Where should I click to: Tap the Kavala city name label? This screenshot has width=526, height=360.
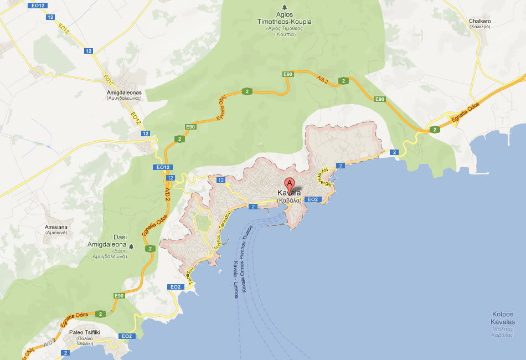click(289, 197)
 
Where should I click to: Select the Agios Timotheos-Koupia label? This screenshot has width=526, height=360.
click(284, 25)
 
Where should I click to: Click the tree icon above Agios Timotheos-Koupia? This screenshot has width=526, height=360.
click(284, 8)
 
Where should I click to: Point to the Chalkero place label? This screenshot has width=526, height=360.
click(479, 24)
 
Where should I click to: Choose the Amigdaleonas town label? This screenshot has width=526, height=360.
click(124, 95)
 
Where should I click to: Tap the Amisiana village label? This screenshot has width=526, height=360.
click(56, 230)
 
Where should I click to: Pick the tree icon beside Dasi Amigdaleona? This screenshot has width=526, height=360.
click(131, 244)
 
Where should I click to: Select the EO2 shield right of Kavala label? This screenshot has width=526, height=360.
click(312, 199)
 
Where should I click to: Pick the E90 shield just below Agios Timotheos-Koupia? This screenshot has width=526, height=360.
click(287, 74)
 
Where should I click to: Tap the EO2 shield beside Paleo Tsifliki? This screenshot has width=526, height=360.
click(126, 336)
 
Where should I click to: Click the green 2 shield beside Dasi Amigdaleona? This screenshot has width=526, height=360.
click(149, 249)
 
